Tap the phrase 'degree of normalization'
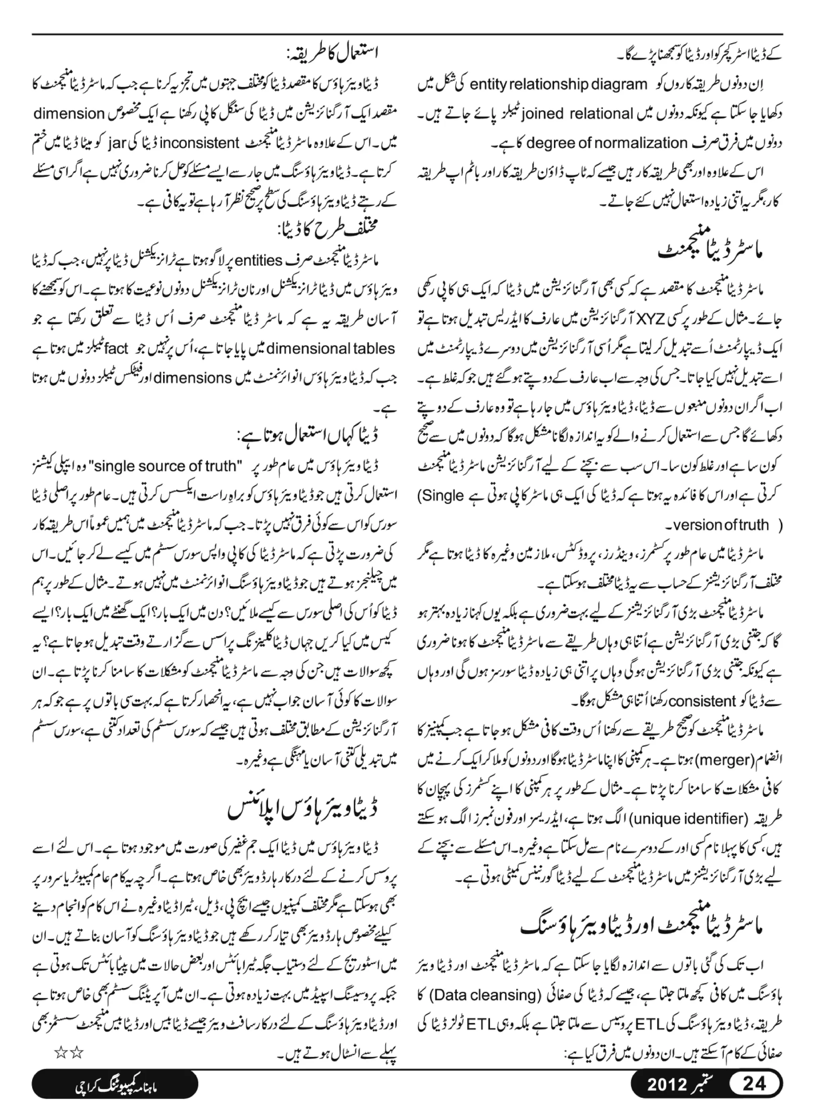point(607,144)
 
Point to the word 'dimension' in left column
point(69,114)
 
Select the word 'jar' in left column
point(120,144)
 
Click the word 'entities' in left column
point(259,261)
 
